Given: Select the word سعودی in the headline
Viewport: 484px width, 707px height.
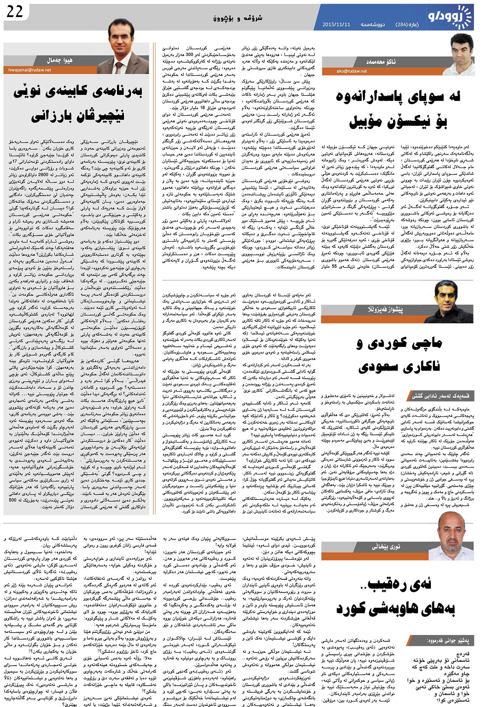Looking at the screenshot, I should [x=382, y=366].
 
